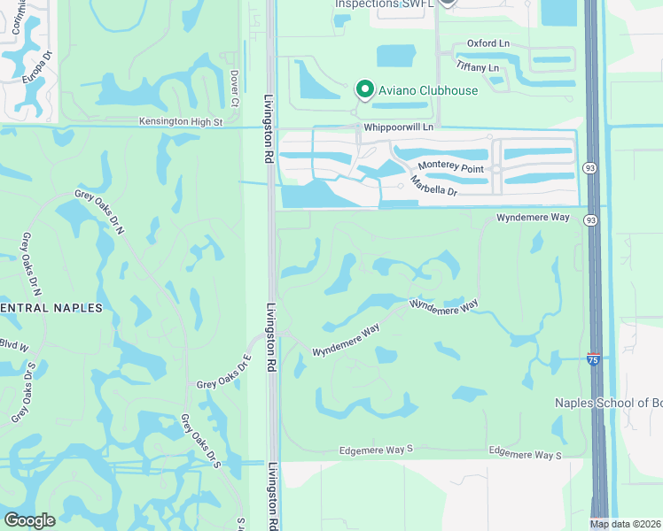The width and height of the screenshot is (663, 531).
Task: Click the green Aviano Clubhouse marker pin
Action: [x=363, y=88]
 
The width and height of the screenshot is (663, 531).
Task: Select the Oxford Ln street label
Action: [x=488, y=43]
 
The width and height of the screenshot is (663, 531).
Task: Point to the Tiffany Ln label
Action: [x=478, y=67]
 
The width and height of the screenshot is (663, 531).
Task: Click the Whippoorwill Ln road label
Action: [x=396, y=127]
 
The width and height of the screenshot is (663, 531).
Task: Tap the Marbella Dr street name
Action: [x=433, y=187]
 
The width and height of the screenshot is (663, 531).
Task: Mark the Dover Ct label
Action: [x=234, y=89]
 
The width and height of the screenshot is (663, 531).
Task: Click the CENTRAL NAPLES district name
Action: [x=51, y=308]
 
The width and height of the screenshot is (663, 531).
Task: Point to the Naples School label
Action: [x=608, y=403]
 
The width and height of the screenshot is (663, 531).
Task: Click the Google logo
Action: [x=29, y=520]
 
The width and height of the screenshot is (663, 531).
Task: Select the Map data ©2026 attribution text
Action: [x=626, y=524]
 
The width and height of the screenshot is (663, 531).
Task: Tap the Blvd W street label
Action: [x=14, y=344]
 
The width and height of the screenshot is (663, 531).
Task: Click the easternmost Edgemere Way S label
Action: [x=526, y=454]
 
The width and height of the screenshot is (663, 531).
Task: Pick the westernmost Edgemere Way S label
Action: [x=376, y=451]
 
